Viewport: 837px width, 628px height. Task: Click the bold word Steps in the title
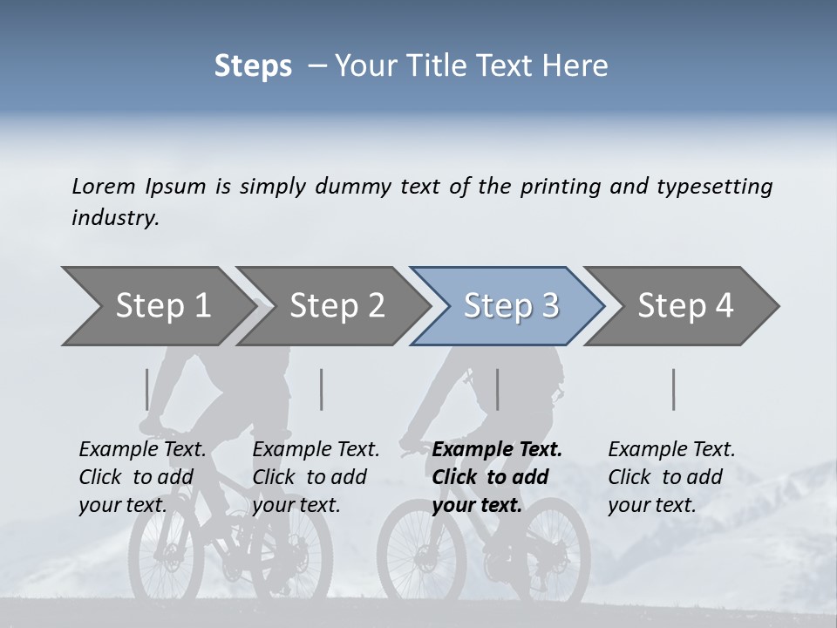coord(253,66)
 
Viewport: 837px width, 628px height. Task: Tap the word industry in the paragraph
coord(115,218)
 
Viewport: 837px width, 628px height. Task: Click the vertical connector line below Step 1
coord(146,389)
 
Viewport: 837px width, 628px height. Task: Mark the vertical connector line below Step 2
coord(322,389)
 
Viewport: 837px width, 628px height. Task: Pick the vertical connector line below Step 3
coord(497,389)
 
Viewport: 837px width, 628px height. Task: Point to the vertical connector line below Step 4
coord(673,389)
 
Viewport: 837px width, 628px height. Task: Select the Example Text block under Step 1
coord(142,477)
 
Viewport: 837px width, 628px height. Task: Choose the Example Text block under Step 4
coord(671,477)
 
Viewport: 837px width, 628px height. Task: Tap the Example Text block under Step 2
coord(316,477)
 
